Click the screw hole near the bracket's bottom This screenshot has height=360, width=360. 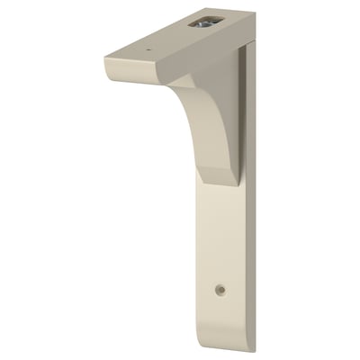(220, 291)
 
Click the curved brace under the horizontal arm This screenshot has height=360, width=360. (203, 135)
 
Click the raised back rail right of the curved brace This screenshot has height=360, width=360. (242, 117)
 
